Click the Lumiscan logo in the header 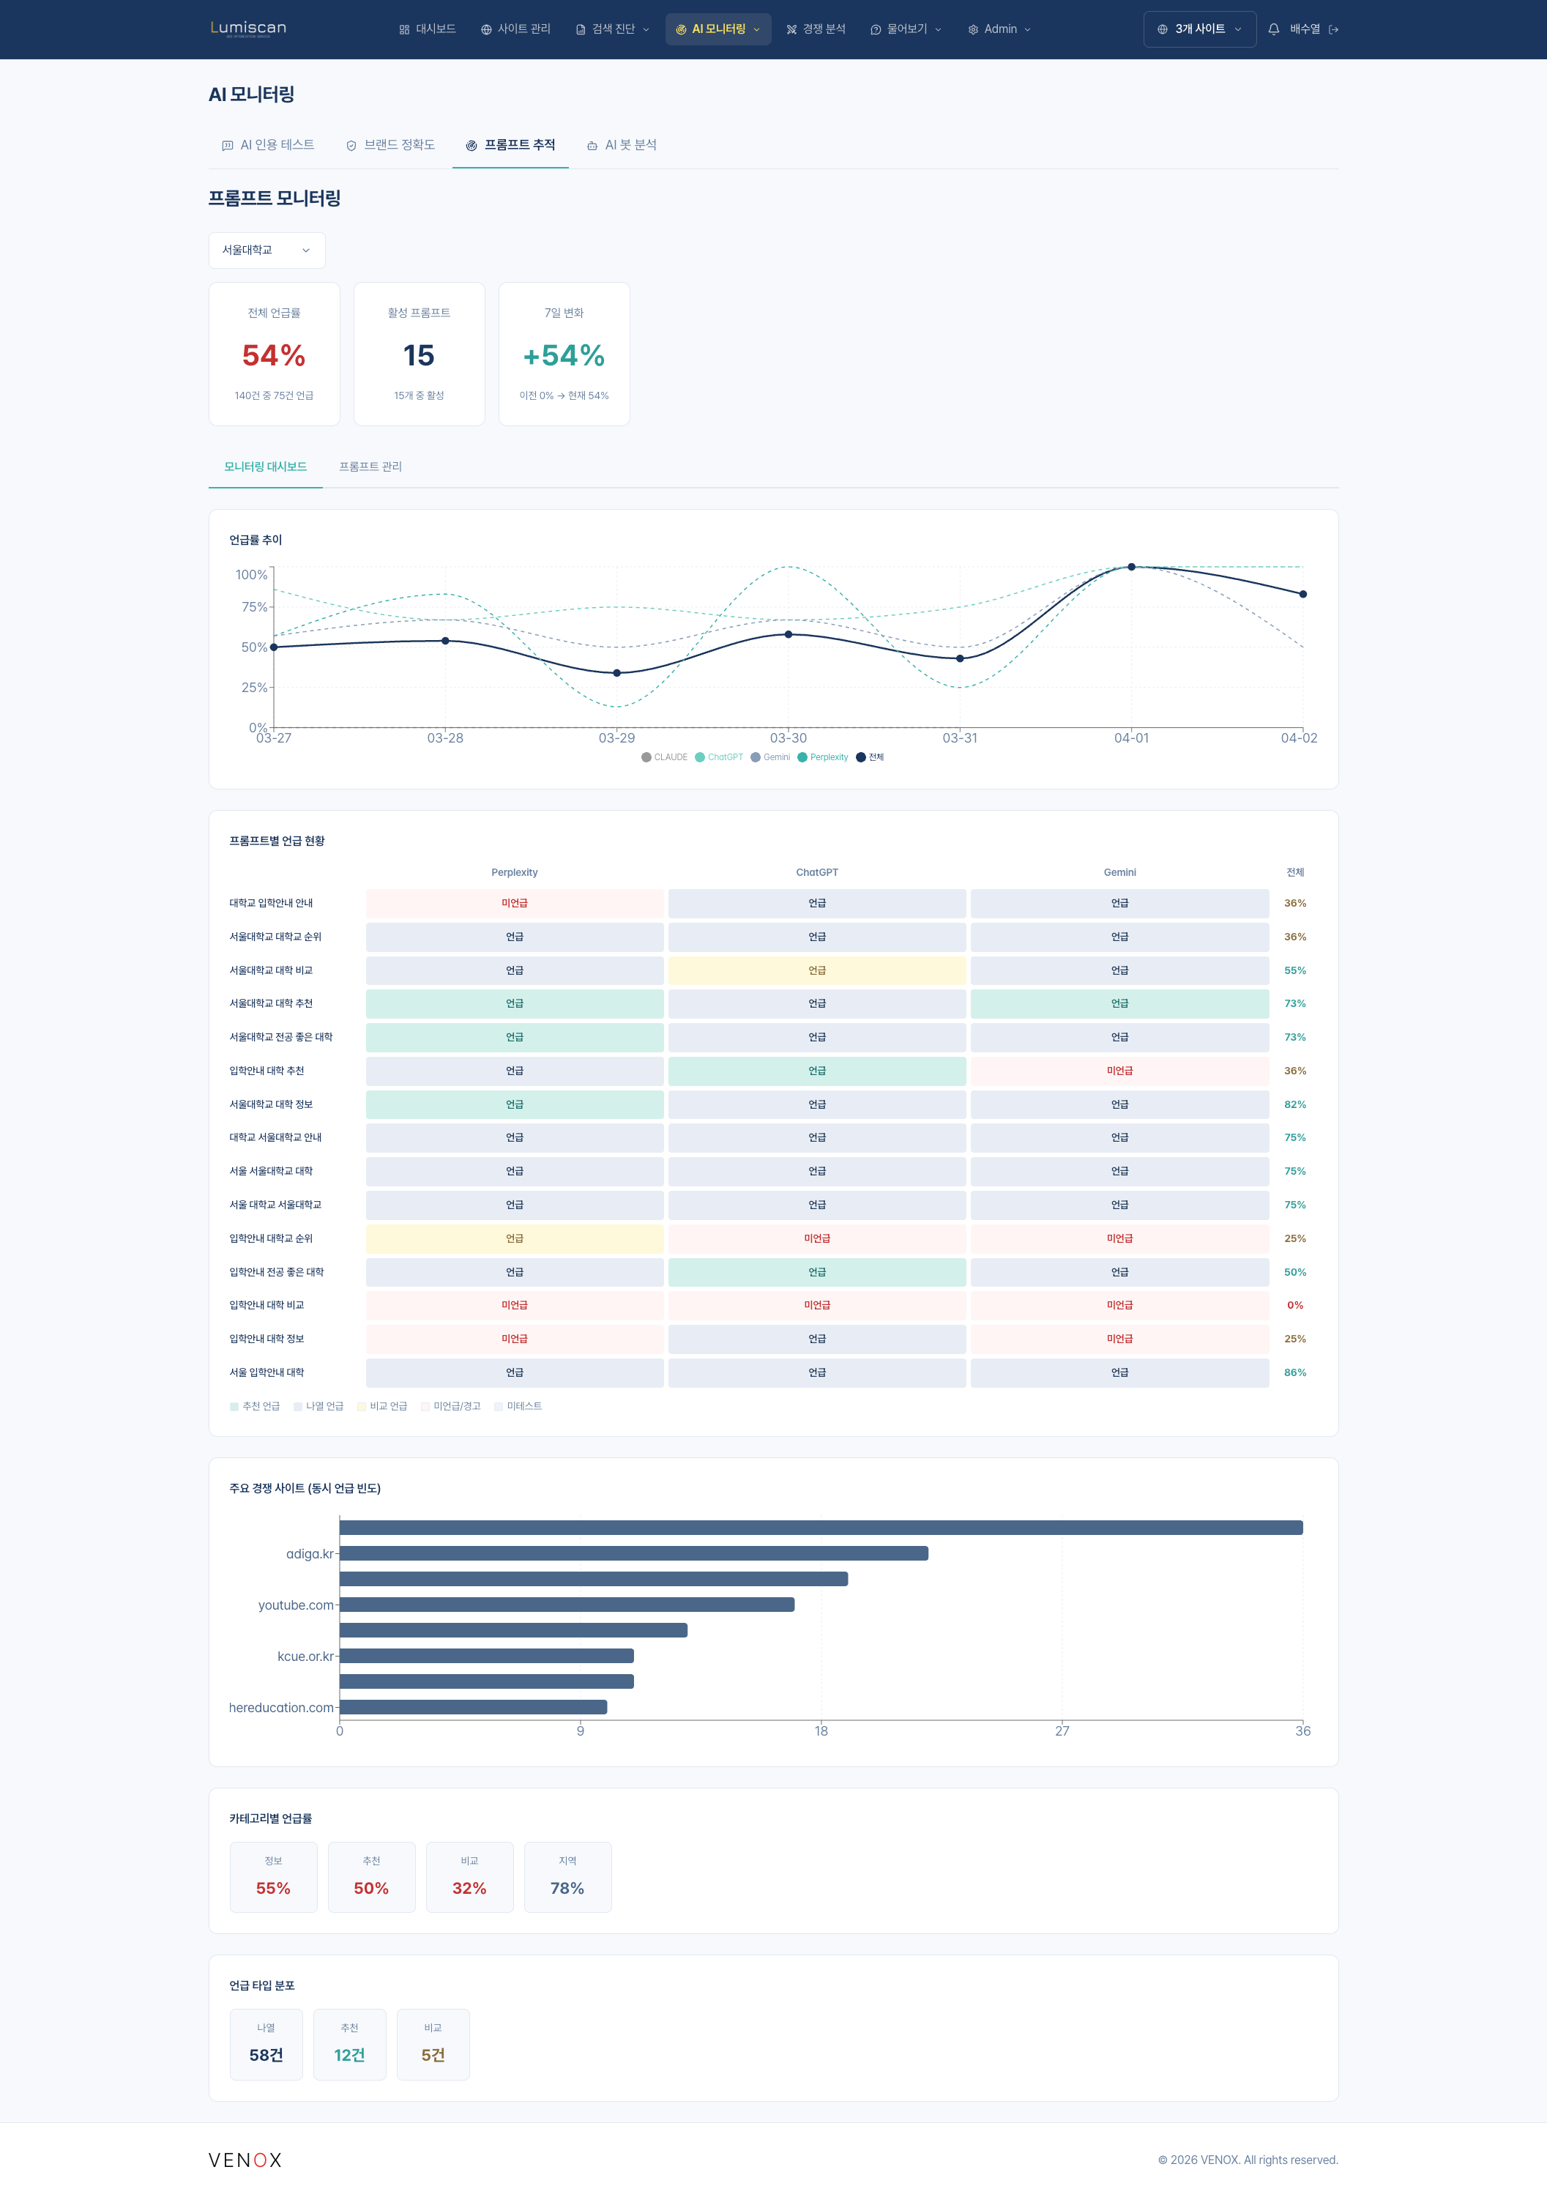click(x=247, y=29)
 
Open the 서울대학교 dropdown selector click(x=266, y=250)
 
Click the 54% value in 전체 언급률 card click(x=274, y=356)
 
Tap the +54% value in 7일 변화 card click(x=564, y=356)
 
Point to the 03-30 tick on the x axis click(x=789, y=737)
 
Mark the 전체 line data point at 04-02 click(x=1303, y=594)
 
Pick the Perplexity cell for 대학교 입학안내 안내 click(x=515, y=903)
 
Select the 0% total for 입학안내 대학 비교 click(x=1294, y=1305)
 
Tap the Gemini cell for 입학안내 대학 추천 click(x=1119, y=1071)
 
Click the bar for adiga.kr click(x=633, y=1554)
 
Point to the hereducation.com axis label click(x=281, y=1708)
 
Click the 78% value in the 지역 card click(x=567, y=1888)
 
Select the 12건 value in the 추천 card click(x=349, y=2056)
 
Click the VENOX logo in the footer click(x=245, y=2160)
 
